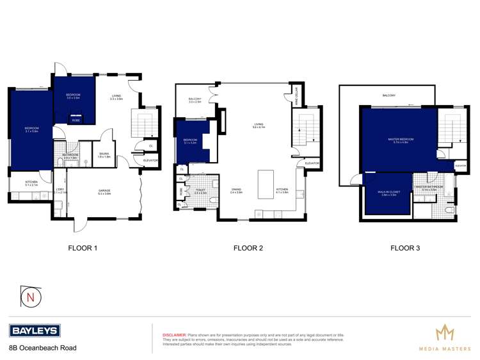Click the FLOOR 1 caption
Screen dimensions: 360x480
tap(83, 248)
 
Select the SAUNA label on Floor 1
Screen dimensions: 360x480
tap(103, 154)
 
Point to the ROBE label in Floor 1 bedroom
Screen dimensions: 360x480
tap(76, 120)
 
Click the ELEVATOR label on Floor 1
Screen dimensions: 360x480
tap(150, 160)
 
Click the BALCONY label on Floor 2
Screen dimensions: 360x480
tap(195, 99)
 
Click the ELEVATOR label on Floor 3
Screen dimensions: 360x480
tap(460, 165)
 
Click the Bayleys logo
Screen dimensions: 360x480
tap(35, 331)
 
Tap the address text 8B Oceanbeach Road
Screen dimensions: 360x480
tap(42, 348)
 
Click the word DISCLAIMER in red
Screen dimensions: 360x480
tap(174, 334)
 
